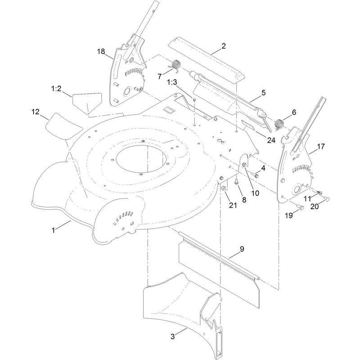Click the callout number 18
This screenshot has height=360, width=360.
[x=101, y=51]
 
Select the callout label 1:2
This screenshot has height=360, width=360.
[x=57, y=88]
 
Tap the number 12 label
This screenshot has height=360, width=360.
[x=36, y=112]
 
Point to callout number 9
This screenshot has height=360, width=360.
[x=242, y=249]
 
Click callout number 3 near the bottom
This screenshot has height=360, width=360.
[x=173, y=337]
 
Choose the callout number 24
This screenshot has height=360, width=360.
[x=271, y=140]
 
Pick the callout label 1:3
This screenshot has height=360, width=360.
[x=172, y=82]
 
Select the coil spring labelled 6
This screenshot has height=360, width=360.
[x=279, y=124]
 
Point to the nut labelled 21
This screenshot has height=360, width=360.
[x=223, y=189]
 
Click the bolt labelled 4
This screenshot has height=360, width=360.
[x=256, y=175]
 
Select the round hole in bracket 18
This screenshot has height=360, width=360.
[x=127, y=92]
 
